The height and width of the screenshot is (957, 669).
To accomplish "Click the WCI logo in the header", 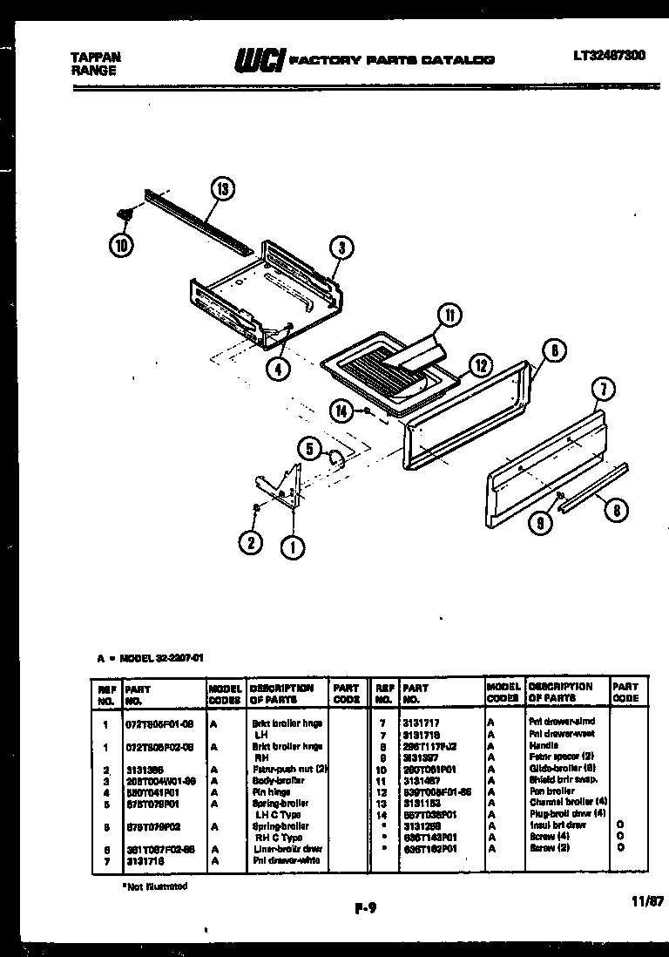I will (x=258, y=60).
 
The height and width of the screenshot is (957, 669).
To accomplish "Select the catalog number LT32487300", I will (x=609, y=55).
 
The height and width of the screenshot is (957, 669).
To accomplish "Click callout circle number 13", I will (x=222, y=189).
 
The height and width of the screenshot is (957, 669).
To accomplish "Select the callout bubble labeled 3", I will (x=342, y=248).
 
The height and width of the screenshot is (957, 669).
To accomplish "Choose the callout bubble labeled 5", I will (x=307, y=449).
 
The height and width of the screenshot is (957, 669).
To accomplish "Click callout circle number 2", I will (x=252, y=542).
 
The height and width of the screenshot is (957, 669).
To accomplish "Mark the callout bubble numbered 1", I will (x=293, y=548).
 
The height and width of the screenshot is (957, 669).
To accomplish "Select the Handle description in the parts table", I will (x=545, y=746).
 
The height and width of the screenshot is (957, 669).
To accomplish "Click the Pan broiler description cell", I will (x=551, y=791).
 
